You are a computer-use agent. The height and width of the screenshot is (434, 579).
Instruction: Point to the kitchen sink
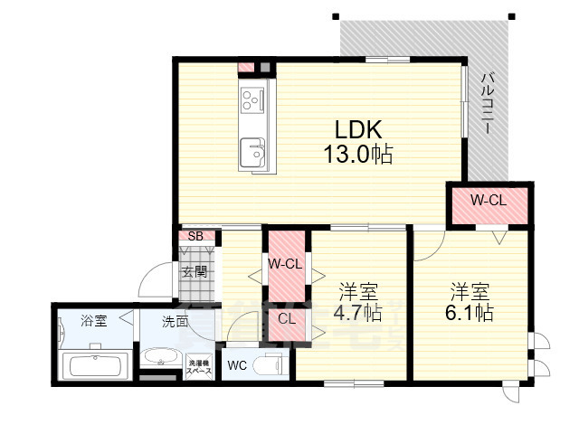[x=252, y=151]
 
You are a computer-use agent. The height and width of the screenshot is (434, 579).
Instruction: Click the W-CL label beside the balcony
[x=488, y=200]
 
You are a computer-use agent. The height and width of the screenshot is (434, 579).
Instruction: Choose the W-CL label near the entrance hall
[x=285, y=263]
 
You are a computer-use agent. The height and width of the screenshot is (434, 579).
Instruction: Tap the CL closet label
[x=286, y=317]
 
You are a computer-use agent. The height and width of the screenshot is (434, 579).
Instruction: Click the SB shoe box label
[x=195, y=237]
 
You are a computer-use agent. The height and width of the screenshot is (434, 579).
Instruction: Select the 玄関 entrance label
[x=195, y=270]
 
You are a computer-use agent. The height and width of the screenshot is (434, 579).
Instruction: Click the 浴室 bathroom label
[x=93, y=320]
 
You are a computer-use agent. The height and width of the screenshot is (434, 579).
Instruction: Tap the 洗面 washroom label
[x=176, y=320]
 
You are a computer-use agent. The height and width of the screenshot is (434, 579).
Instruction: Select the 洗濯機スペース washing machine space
[x=198, y=367]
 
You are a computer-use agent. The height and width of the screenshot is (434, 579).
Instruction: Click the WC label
[x=237, y=366]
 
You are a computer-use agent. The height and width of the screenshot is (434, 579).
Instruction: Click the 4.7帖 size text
[x=359, y=314]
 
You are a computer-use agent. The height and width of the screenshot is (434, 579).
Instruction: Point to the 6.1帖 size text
[x=470, y=314]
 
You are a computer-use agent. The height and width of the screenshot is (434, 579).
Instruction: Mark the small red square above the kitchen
[x=246, y=67]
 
